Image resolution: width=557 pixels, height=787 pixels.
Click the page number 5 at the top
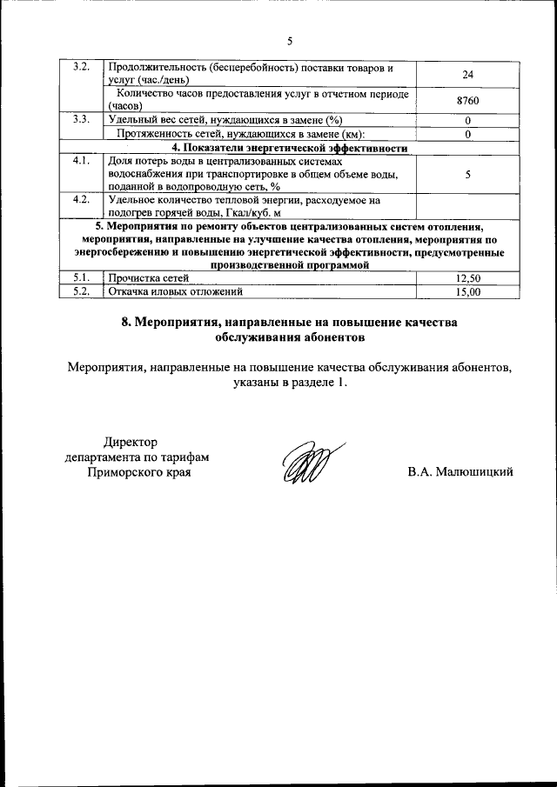pos(290,39)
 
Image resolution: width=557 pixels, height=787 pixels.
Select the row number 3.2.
pos(80,67)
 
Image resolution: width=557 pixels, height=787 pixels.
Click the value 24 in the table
pos(467,74)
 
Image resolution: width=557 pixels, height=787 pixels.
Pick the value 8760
pos(467,101)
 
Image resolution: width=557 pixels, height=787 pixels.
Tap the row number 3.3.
pos(80,119)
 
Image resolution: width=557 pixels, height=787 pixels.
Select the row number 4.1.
pos(80,162)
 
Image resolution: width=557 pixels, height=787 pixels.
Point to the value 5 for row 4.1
pos(468,175)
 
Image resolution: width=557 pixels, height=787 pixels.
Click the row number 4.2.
pos(80,200)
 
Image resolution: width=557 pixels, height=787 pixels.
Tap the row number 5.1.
pos(80,278)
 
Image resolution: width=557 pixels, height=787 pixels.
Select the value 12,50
pos(468,278)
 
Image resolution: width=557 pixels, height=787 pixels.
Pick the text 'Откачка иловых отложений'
pos(172,292)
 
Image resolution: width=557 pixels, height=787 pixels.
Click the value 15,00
pos(468,292)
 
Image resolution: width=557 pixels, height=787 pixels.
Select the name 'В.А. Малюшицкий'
pos(460,472)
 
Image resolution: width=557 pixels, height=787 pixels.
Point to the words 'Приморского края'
pos(138,472)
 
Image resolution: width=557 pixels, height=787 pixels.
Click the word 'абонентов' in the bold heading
pos(330,336)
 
